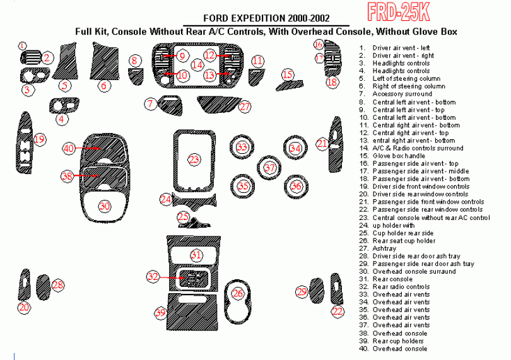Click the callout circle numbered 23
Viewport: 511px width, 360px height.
point(194,160)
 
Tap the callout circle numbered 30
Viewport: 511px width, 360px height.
point(105,206)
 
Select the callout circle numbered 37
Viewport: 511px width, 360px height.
point(269,168)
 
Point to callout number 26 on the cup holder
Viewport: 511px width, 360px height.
point(237,293)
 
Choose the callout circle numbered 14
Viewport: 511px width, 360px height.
point(198,64)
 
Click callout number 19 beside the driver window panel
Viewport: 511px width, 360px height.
point(40,139)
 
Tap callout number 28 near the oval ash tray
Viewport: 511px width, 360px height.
point(58,285)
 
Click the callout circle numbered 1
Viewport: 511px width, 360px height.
point(21,46)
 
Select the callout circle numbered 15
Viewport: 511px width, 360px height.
point(288,75)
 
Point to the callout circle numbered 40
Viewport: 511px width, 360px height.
point(69,148)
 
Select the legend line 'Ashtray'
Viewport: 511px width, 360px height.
point(385,248)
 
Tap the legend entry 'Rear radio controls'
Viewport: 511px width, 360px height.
point(401,287)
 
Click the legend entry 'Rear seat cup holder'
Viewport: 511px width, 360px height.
point(404,241)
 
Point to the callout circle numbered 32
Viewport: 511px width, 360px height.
point(153,276)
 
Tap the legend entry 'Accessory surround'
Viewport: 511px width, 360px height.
point(402,95)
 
